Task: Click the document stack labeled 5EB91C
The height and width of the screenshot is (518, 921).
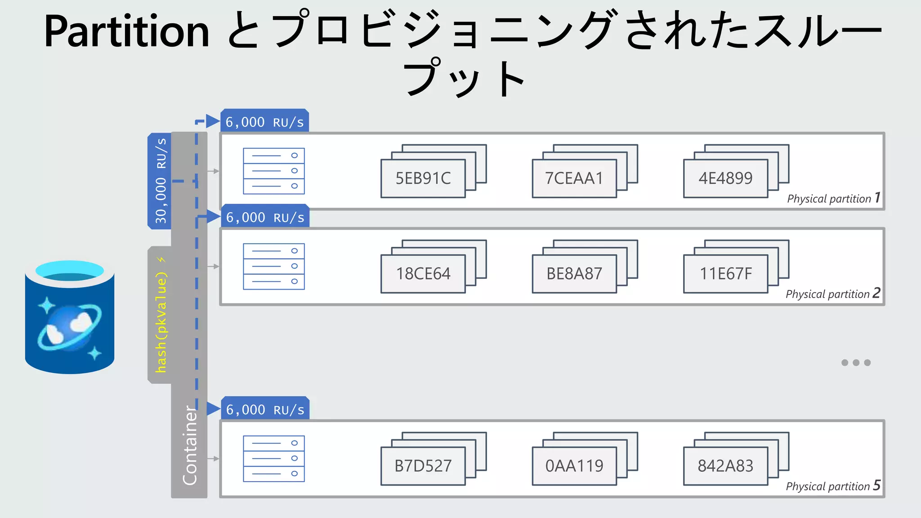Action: (x=423, y=178)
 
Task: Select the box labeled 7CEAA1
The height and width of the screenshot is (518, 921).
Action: (x=574, y=178)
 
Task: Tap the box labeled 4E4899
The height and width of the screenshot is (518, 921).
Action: (x=725, y=178)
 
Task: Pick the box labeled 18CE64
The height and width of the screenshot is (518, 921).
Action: (x=423, y=273)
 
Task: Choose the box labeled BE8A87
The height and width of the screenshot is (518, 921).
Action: (x=574, y=273)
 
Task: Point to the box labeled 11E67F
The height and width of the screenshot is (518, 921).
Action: (x=725, y=273)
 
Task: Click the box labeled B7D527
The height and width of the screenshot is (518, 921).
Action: (x=423, y=466)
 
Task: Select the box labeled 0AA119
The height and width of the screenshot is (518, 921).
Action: (x=574, y=466)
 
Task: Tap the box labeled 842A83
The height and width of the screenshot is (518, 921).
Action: (x=725, y=466)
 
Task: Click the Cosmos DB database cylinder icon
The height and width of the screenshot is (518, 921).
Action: (x=70, y=317)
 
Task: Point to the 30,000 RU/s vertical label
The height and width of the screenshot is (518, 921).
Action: (x=161, y=181)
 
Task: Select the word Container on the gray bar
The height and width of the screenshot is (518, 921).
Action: (x=190, y=445)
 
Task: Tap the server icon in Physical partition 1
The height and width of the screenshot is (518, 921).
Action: (x=273, y=171)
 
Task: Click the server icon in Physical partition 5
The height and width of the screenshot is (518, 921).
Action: (x=273, y=459)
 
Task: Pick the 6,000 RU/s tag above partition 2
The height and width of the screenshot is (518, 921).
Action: (x=265, y=218)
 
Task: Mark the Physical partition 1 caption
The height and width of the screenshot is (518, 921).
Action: (x=833, y=198)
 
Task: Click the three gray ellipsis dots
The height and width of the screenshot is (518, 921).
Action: (x=856, y=362)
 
